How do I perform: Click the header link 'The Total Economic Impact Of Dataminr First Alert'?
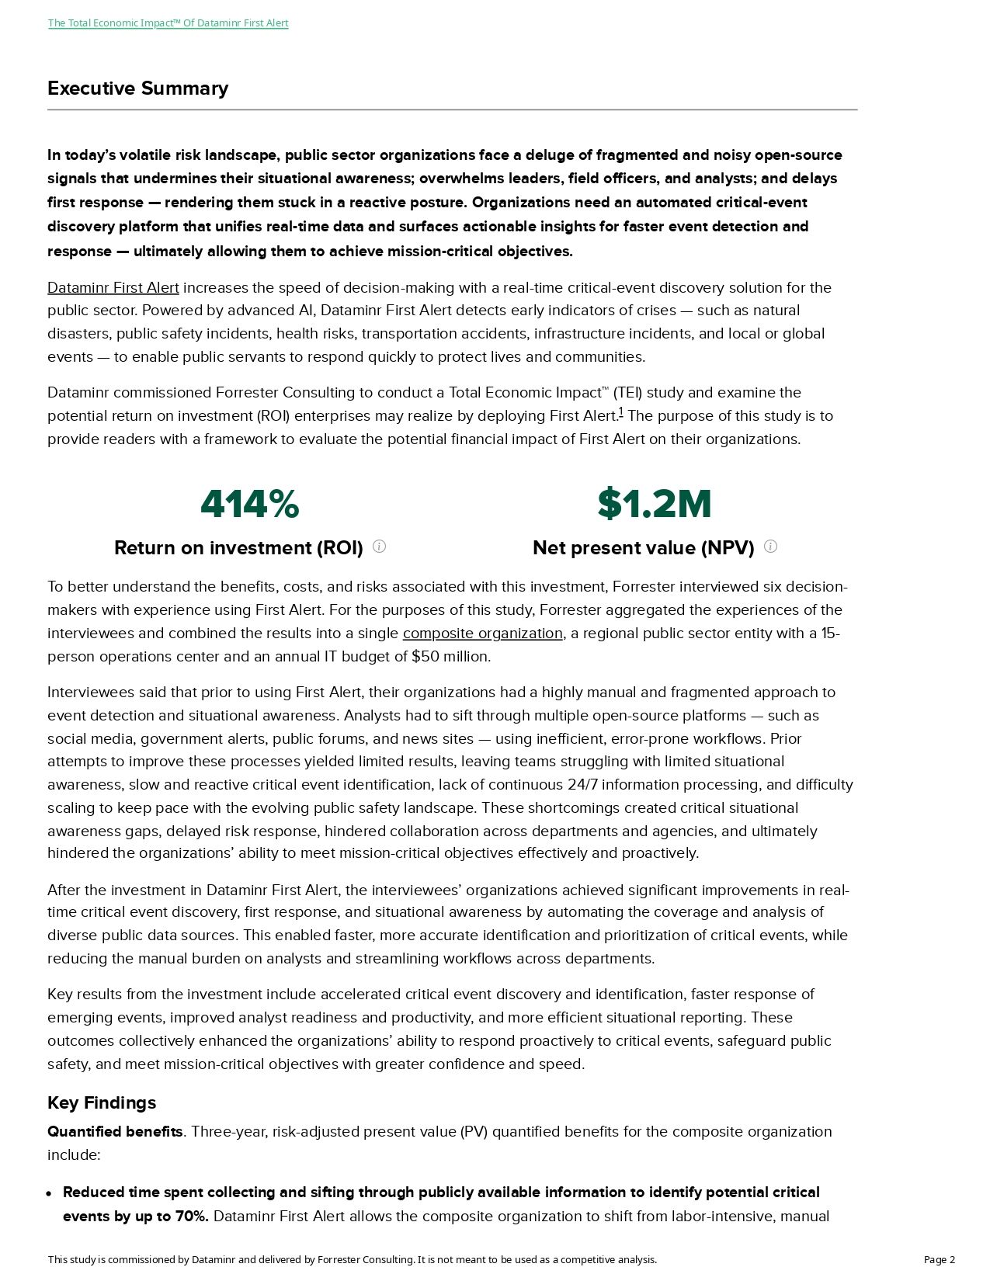(168, 23)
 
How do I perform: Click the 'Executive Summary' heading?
(137, 89)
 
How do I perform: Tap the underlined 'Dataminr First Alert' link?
(113, 288)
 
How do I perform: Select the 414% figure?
(249, 504)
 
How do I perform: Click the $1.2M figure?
(654, 504)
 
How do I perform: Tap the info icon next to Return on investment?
(379, 547)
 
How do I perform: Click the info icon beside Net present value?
(770, 547)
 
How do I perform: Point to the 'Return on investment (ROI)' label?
(238, 548)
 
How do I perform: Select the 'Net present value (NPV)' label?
(643, 548)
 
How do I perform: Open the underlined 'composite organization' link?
(482, 634)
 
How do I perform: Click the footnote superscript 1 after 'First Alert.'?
(620, 412)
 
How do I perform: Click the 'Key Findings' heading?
(102, 1103)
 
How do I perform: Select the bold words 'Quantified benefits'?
(115, 1132)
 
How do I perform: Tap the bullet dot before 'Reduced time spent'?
(50, 1193)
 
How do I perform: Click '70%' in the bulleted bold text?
(191, 1217)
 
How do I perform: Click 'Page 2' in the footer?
(939, 1260)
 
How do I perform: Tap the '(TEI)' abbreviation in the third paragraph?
(627, 393)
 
